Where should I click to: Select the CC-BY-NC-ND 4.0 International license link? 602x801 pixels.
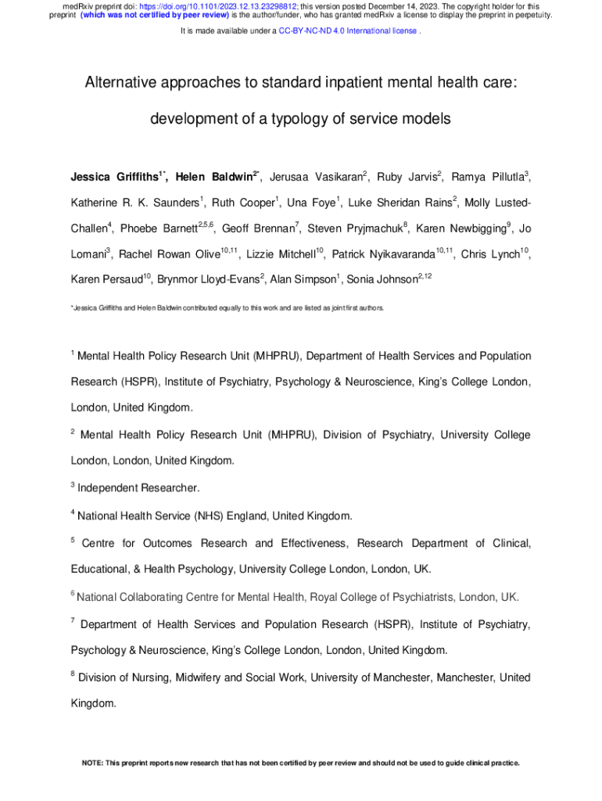(348, 31)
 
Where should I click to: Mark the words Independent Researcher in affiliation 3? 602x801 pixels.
(138, 488)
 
